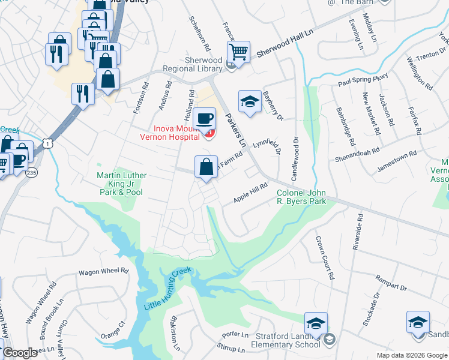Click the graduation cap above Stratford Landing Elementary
click(x=316, y=323)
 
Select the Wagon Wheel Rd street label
click(x=103, y=271)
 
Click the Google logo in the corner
click(x=20, y=353)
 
